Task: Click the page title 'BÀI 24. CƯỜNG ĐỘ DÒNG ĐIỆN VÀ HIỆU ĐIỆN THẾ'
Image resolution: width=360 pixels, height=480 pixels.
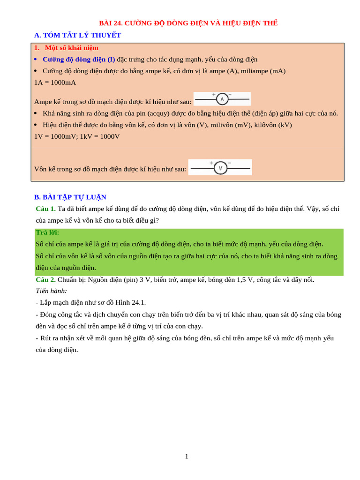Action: click(x=188, y=23)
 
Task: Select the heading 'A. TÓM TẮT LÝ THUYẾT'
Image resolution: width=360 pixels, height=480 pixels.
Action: click(x=78, y=35)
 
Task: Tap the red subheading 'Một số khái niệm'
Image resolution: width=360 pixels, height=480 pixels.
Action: click(x=72, y=48)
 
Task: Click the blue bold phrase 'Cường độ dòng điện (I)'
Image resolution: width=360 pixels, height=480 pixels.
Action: click(x=79, y=60)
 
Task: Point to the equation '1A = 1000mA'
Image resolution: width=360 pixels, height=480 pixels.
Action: click(x=55, y=82)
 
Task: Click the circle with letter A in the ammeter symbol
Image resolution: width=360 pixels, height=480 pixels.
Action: click(x=222, y=99)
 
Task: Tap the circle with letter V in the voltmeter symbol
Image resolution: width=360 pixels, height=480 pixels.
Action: click(x=220, y=168)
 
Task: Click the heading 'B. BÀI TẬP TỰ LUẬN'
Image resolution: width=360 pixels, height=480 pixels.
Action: click(x=70, y=197)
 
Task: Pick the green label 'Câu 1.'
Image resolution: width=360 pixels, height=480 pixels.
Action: click(x=45, y=209)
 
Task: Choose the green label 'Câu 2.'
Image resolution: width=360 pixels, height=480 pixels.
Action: click(x=45, y=280)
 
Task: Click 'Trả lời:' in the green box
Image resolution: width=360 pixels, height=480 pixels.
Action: click(x=47, y=232)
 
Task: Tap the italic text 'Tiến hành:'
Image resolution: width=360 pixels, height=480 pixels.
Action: click(x=51, y=291)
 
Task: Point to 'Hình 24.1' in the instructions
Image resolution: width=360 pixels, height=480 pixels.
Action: click(x=130, y=303)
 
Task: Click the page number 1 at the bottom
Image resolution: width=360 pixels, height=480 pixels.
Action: click(x=187, y=457)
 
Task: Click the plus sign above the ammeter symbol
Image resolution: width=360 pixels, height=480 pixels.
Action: click(x=214, y=94)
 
